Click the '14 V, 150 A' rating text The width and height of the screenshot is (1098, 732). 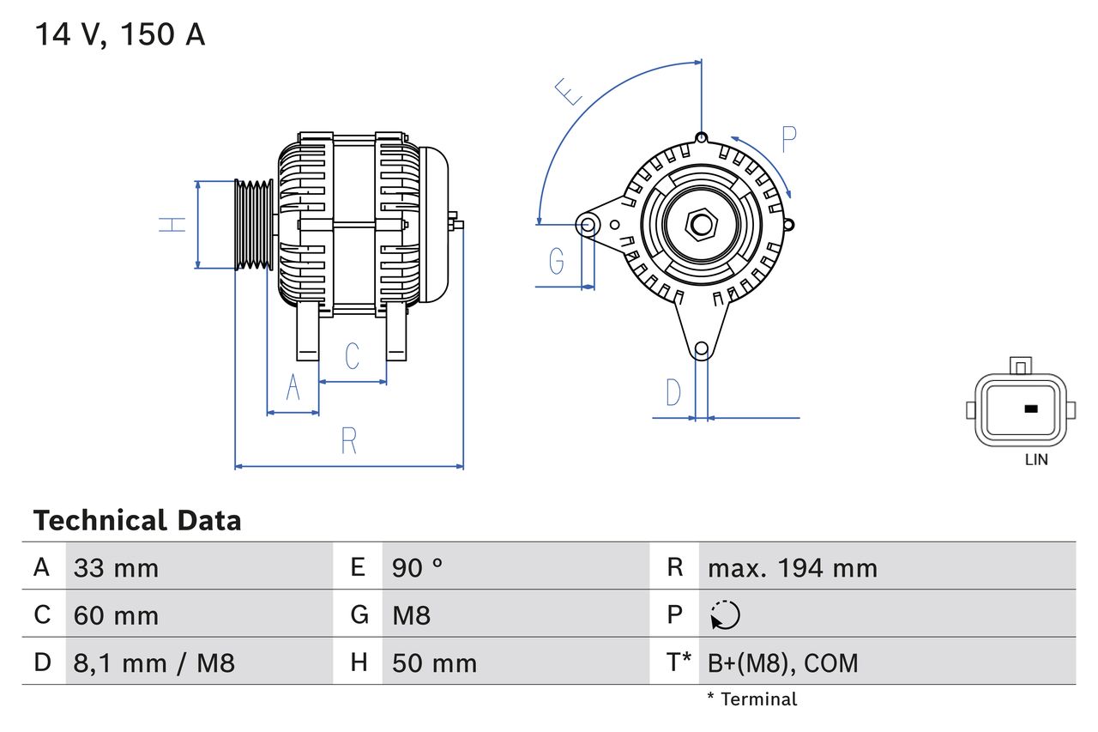tap(120, 35)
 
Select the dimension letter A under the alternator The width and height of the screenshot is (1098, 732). tap(293, 388)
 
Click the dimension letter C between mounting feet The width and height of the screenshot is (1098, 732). tap(352, 356)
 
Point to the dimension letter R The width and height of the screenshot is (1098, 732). tap(348, 440)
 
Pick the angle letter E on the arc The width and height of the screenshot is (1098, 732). tap(569, 91)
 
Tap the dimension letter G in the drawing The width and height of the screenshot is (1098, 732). tap(557, 260)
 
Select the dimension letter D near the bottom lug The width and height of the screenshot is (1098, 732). tap(673, 392)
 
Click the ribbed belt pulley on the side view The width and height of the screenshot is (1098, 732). tap(254, 225)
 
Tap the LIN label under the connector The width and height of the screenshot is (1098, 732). tap(1036, 460)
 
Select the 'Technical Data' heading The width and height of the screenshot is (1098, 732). tap(137, 520)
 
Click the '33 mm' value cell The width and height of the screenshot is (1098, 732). tap(117, 568)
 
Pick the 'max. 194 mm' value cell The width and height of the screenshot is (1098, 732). tap(793, 568)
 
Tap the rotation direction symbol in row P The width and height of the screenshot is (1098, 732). tap(726, 615)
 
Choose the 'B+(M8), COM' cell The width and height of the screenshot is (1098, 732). tap(782, 662)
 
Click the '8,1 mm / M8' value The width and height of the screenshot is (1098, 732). tap(154, 662)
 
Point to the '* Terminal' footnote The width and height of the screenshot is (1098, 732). tap(751, 699)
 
